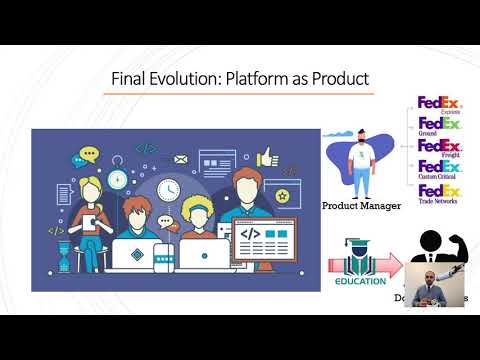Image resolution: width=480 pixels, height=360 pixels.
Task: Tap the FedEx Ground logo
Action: tap(438, 128)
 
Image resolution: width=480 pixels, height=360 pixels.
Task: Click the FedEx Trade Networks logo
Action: tap(438, 193)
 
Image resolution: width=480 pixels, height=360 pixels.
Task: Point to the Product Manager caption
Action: tap(360, 205)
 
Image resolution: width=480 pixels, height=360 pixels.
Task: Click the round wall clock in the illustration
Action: tap(167, 187)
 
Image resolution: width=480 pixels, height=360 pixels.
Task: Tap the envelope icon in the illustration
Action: tap(181, 158)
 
